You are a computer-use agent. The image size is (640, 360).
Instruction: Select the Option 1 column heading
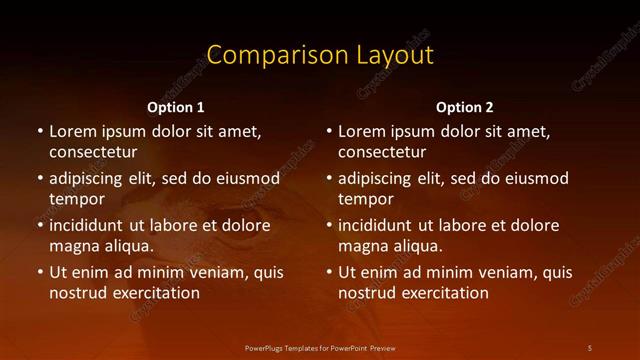pos(176,107)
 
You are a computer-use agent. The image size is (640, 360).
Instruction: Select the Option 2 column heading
pos(465,107)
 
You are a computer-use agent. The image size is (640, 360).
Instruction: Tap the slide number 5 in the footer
pos(589,347)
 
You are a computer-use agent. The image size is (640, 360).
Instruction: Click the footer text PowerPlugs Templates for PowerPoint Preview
pos(320,347)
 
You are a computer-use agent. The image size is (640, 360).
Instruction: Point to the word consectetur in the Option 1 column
pos(93,152)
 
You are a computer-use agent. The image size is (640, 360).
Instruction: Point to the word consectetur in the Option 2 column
pos(382,152)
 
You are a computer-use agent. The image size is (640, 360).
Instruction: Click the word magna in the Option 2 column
pos(362,246)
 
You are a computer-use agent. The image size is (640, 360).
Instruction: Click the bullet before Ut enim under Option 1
pos(39,272)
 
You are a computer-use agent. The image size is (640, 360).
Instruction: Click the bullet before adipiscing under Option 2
pos(328,179)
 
